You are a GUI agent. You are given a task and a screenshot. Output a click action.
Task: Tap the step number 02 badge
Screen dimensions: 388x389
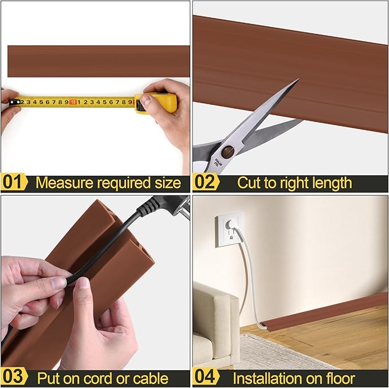[206, 183]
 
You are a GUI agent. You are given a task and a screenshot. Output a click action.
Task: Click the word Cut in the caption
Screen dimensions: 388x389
[249, 183]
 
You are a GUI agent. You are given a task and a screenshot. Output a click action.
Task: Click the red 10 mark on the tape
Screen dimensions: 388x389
[73, 102]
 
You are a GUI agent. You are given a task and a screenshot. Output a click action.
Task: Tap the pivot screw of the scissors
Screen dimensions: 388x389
[228, 152]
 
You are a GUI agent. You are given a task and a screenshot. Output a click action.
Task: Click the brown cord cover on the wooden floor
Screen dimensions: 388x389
[332, 309]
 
